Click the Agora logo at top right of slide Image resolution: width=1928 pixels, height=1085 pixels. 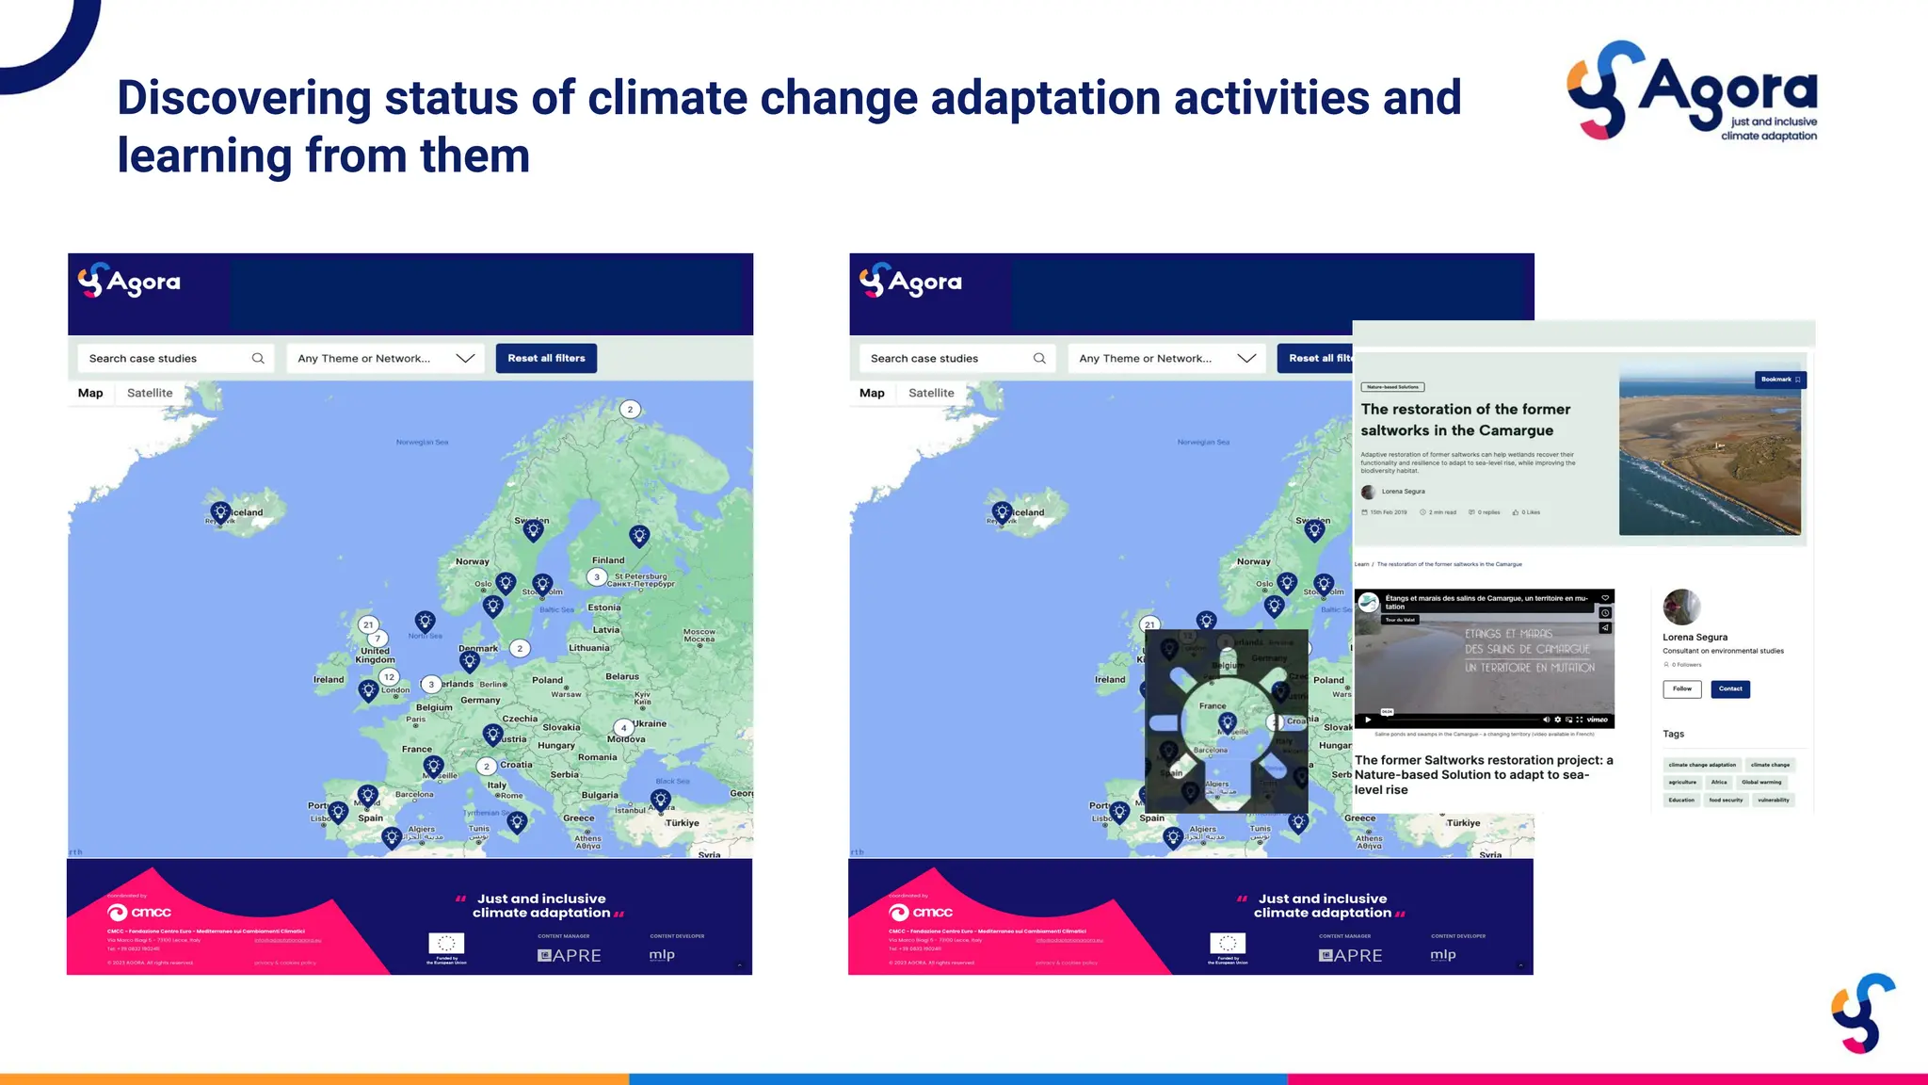[1692, 91]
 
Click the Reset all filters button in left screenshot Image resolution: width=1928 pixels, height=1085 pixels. [546, 358]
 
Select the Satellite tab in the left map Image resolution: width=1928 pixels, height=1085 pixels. [150, 393]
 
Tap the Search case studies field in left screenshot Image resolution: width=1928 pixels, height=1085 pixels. [165, 358]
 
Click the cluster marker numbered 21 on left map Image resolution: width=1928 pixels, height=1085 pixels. [368, 624]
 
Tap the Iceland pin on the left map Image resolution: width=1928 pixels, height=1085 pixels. [220, 512]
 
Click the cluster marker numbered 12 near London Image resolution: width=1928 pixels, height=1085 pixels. [389, 676]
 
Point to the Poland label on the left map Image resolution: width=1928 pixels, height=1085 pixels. [547, 679]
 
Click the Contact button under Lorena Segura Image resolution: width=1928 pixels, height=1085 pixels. [1729, 688]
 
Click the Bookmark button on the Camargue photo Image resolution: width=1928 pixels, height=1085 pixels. [1779, 380]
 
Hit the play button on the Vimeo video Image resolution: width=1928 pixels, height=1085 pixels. [1368, 719]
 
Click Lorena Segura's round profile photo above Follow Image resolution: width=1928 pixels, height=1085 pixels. [1680, 607]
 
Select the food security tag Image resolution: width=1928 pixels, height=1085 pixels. [1725, 800]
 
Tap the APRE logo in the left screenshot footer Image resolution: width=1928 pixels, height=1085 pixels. [569, 955]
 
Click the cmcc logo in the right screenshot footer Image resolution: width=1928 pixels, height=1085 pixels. [920, 912]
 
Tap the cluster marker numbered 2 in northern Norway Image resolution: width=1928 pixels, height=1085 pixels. [630, 409]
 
